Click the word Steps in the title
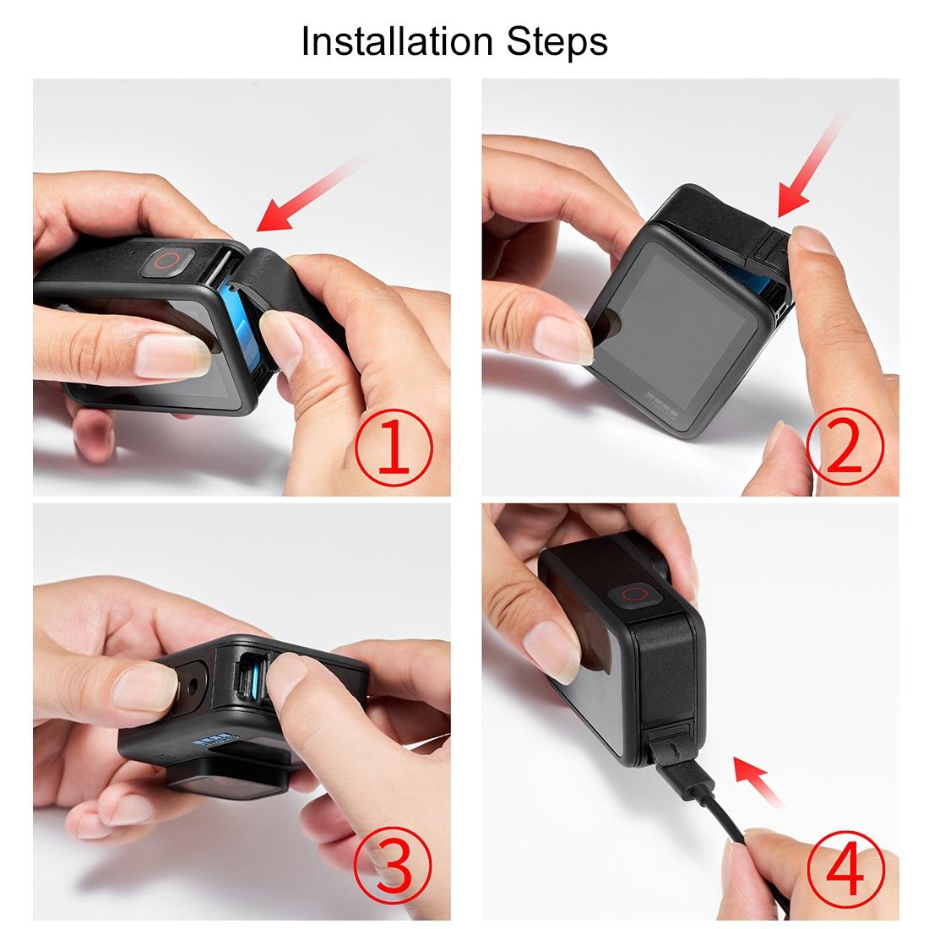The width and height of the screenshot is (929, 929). click(563, 41)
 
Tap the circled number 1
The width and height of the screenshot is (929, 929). click(393, 445)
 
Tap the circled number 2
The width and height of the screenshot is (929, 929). click(844, 445)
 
